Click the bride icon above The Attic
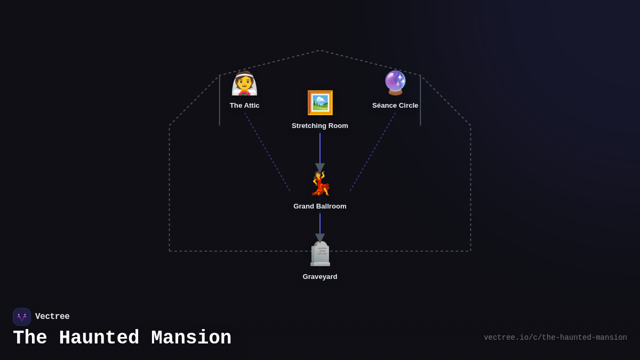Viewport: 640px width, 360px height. (x=244, y=83)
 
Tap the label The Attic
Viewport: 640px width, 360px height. (x=244, y=106)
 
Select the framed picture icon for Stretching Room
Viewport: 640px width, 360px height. (x=320, y=103)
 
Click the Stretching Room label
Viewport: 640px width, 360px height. (x=320, y=126)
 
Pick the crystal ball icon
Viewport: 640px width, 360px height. (x=395, y=83)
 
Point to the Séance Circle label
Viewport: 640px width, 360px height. (x=395, y=106)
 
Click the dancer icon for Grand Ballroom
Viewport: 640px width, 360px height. (x=321, y=184)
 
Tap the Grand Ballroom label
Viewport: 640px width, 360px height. (x=320, y=206)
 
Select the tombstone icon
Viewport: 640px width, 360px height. (x=320, y=254)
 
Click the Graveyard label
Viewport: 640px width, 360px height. (x=320, y=277)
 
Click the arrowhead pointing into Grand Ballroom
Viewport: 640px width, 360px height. (x=320, y=167)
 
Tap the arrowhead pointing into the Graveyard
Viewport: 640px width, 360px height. (x=320, y=238)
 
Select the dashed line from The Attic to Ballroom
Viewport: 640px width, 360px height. (x=267, y=151)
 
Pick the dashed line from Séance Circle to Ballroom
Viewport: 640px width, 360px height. (x=373, y=151)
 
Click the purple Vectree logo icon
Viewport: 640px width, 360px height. (x=22, y=317)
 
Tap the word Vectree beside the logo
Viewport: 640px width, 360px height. (x=52, y=317)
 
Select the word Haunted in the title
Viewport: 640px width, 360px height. (x=99, y=338)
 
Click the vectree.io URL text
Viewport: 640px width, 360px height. (x=555, y=338)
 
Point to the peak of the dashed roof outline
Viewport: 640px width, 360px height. (x=320, y=51)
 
